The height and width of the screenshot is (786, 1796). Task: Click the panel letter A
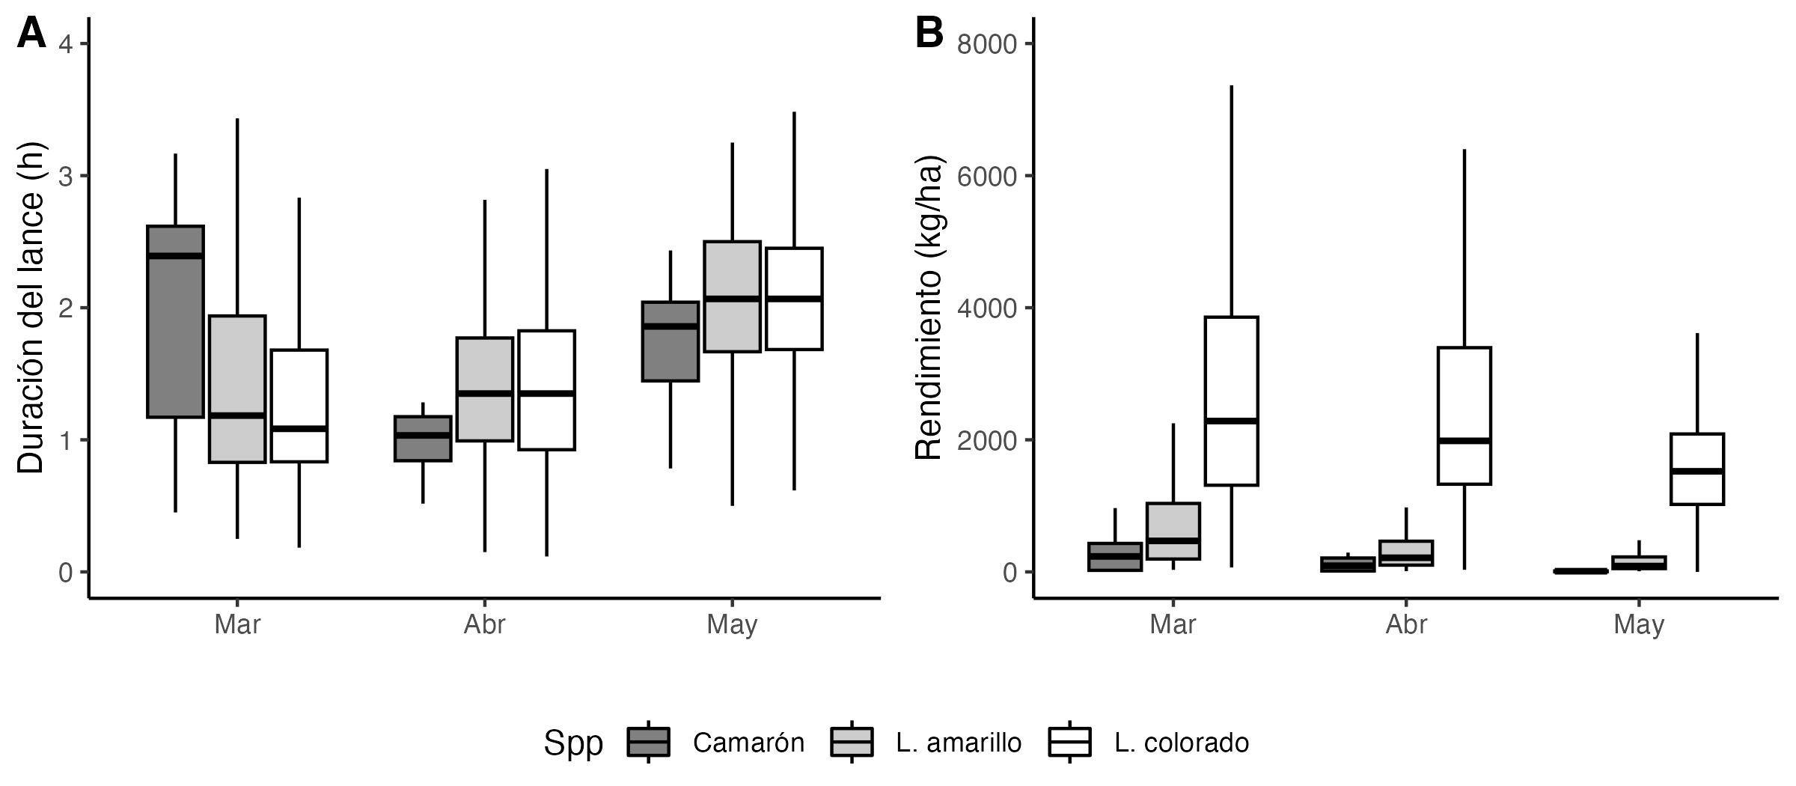[31, 34]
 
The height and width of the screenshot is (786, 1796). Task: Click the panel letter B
[929, 34]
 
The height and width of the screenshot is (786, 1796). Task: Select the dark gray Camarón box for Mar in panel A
[176, 321]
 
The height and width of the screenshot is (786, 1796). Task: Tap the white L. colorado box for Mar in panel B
[1231, 401]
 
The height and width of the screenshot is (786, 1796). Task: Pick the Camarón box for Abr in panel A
[423, 439]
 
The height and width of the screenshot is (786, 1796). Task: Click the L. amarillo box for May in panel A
[732, 296]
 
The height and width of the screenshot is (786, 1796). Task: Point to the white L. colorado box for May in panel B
[1697, 469]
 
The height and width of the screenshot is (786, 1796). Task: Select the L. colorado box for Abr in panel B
[1464, 416]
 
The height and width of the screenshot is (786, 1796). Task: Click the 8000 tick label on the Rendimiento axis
[987, 44]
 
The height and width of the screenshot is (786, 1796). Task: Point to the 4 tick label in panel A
[66, 44]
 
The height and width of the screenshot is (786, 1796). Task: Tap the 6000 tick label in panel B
[987, 177]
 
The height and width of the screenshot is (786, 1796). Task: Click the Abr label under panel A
[485, 624]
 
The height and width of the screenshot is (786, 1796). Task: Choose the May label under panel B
[1639, 624]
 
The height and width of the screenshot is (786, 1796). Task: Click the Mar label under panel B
[1173, 624]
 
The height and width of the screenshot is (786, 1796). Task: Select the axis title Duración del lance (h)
[31, 308]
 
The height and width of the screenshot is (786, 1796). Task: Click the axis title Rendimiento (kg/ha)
[929, 308]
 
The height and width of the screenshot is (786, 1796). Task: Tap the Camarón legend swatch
[648, 742]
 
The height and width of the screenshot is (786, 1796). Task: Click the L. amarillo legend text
[959, 743]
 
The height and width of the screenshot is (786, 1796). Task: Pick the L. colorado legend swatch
[1070, 742]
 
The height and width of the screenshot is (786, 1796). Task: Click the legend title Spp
[573, 743]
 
